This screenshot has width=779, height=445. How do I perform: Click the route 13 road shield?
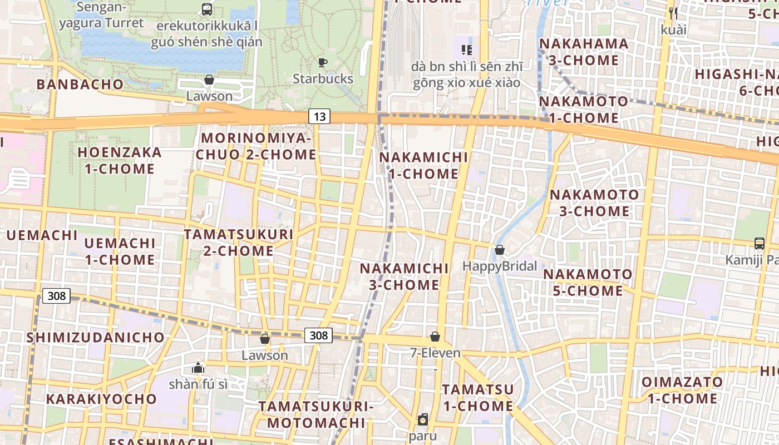(319, 116)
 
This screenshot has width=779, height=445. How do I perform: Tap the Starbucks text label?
(323, 79)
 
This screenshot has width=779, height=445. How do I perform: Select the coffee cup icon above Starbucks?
(323, 62)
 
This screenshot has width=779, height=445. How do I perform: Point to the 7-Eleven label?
(435, 353)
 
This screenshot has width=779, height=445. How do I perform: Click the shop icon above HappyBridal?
(500, 250)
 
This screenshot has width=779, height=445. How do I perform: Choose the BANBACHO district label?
(80, 84)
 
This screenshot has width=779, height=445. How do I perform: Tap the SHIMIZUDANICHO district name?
(96, 337)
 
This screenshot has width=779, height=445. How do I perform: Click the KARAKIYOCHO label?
(101, 399)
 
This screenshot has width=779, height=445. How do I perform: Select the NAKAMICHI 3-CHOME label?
(404, 276)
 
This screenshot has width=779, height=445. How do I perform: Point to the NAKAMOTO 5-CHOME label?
(588, 283)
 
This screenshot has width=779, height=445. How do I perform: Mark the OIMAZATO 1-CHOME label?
(682, 390)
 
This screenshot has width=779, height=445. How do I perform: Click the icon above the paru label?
(423, 419)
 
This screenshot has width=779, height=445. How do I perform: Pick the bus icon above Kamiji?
(759, 243)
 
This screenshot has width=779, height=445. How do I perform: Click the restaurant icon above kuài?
(673, 13)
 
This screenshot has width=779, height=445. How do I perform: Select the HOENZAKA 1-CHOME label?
(120, 160)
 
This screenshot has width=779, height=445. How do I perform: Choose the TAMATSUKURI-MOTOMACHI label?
(315, 414)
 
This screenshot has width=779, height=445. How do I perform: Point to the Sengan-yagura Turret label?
(101, 16)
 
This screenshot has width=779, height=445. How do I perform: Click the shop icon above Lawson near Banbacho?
(209, 80)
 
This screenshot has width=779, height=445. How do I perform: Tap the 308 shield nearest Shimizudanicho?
(57, 296)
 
